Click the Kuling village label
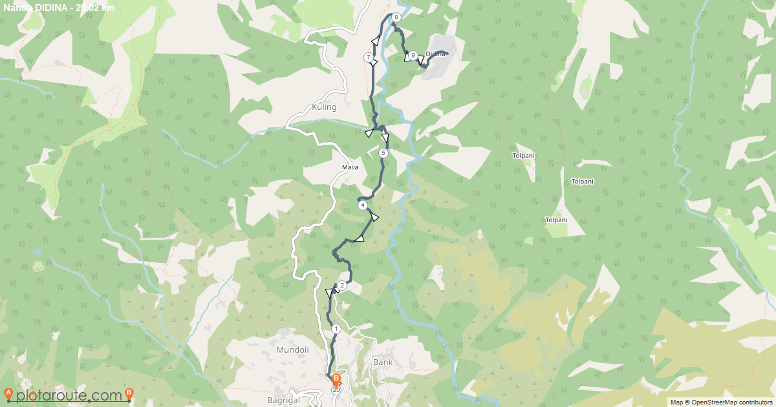click(x=324, y=107)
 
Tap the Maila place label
click(x=350, y=167)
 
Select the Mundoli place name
click(x=292, y=350)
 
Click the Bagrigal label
click(x=284, y=400)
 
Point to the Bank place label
click(x=383, y=362)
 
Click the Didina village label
click(x=436, y=54)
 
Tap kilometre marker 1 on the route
click(x=336, y=329)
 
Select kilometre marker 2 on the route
click(x=342, y=285)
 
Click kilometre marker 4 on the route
click(x=363, y=205)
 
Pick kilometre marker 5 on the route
click(x=383, y=153)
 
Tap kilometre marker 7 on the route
click(x=369, y=57)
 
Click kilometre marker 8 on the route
click(x=396, y=17)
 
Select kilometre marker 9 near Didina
click(x=413, y=55)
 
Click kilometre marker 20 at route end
click(x=336, y=390)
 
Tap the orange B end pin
click(x=336, y=379)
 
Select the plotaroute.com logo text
click(x=69, y=395)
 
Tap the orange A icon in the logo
click(x=8, y=393)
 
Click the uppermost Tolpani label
click(x=523, y=156)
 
